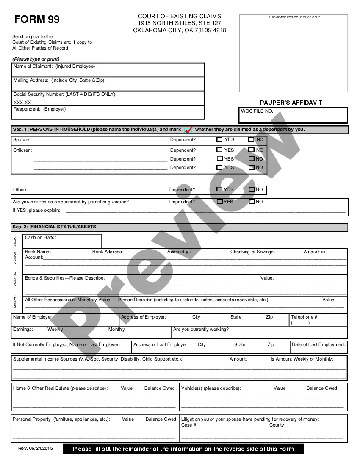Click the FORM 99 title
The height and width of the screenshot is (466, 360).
click(37, 19)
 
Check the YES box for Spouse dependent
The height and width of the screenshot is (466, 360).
click(219, 139)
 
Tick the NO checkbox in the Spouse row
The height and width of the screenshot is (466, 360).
click(251, 139)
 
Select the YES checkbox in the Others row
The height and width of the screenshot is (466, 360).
click(219, 189)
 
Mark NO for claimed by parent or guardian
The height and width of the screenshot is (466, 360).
click(252, 202)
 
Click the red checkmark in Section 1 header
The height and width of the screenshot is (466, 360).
click(188, 130)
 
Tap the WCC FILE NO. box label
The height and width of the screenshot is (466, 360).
click(257, 111)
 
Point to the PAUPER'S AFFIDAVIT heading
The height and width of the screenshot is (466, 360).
click(291, 103)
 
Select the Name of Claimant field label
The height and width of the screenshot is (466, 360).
click(54, 67)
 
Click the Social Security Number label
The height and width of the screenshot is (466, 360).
click(64, 94)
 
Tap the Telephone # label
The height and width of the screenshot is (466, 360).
click(304, 317)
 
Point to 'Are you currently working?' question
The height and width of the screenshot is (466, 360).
click(201, 330)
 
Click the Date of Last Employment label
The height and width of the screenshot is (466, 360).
click(318, 345)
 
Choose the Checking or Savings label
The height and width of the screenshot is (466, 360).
click(252, 252)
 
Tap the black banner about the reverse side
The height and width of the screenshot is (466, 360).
click(183, 449)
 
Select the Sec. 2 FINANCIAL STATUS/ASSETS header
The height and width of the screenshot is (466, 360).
click(54, 227)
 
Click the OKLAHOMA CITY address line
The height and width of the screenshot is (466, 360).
click(179, 31)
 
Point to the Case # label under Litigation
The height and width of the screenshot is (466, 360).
click(188, 425)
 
